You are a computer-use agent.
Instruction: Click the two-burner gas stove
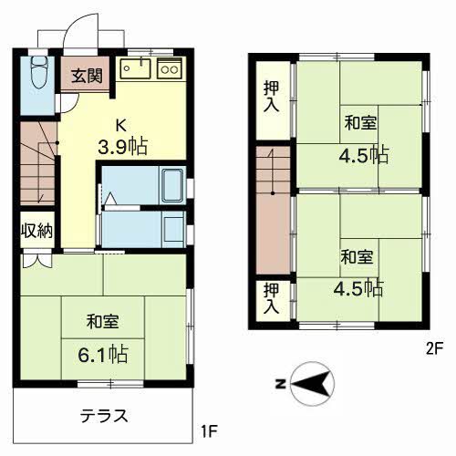pos(171,68)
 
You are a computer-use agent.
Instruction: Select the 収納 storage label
pos(36,229)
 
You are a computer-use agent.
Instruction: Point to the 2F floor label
pos(433,347)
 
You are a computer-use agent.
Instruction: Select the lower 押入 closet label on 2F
pos(271,299)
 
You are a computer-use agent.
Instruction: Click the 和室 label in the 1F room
pos(101,322)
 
